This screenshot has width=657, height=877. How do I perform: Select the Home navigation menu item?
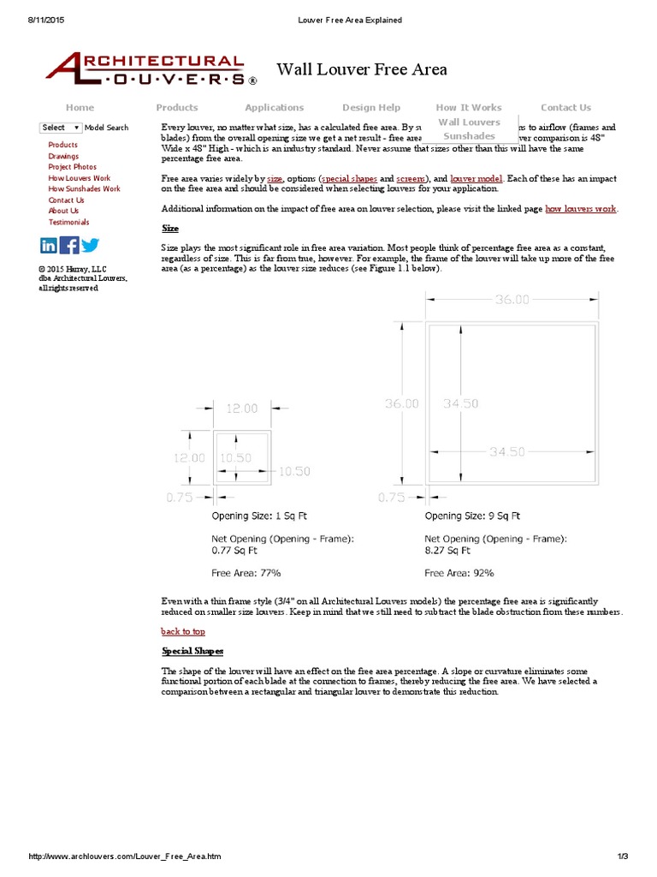[x=80, y=108]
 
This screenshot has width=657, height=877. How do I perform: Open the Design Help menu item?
[x=371, y=108]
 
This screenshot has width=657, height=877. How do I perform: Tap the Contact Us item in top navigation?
[x=565, y=108]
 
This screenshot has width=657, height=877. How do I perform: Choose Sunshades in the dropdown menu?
[x=469, y=136]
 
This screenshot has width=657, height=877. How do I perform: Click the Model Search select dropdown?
[x=61, y=128]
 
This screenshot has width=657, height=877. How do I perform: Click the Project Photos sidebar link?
[x=73, y=167]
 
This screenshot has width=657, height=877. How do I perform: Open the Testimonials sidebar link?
[x=68, y=222]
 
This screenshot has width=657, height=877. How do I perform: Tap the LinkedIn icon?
[x=49, y=246]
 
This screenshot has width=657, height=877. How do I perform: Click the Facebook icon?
[x=70, y=246]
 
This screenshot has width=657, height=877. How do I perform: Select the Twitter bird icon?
[x=91, y=246]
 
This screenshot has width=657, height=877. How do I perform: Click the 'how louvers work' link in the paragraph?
[x=580, y=209]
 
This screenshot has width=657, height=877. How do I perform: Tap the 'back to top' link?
[x=183, y=631]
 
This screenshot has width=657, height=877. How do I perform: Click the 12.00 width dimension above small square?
[x=242, y=409]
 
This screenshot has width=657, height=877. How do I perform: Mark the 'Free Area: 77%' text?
[x=246, y=572]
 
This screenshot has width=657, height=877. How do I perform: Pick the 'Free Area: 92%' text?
[x=459, y=572]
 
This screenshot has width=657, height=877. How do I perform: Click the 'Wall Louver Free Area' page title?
[x=362, y=69]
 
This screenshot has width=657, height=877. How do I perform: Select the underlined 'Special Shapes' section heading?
[x=192, y=651]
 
